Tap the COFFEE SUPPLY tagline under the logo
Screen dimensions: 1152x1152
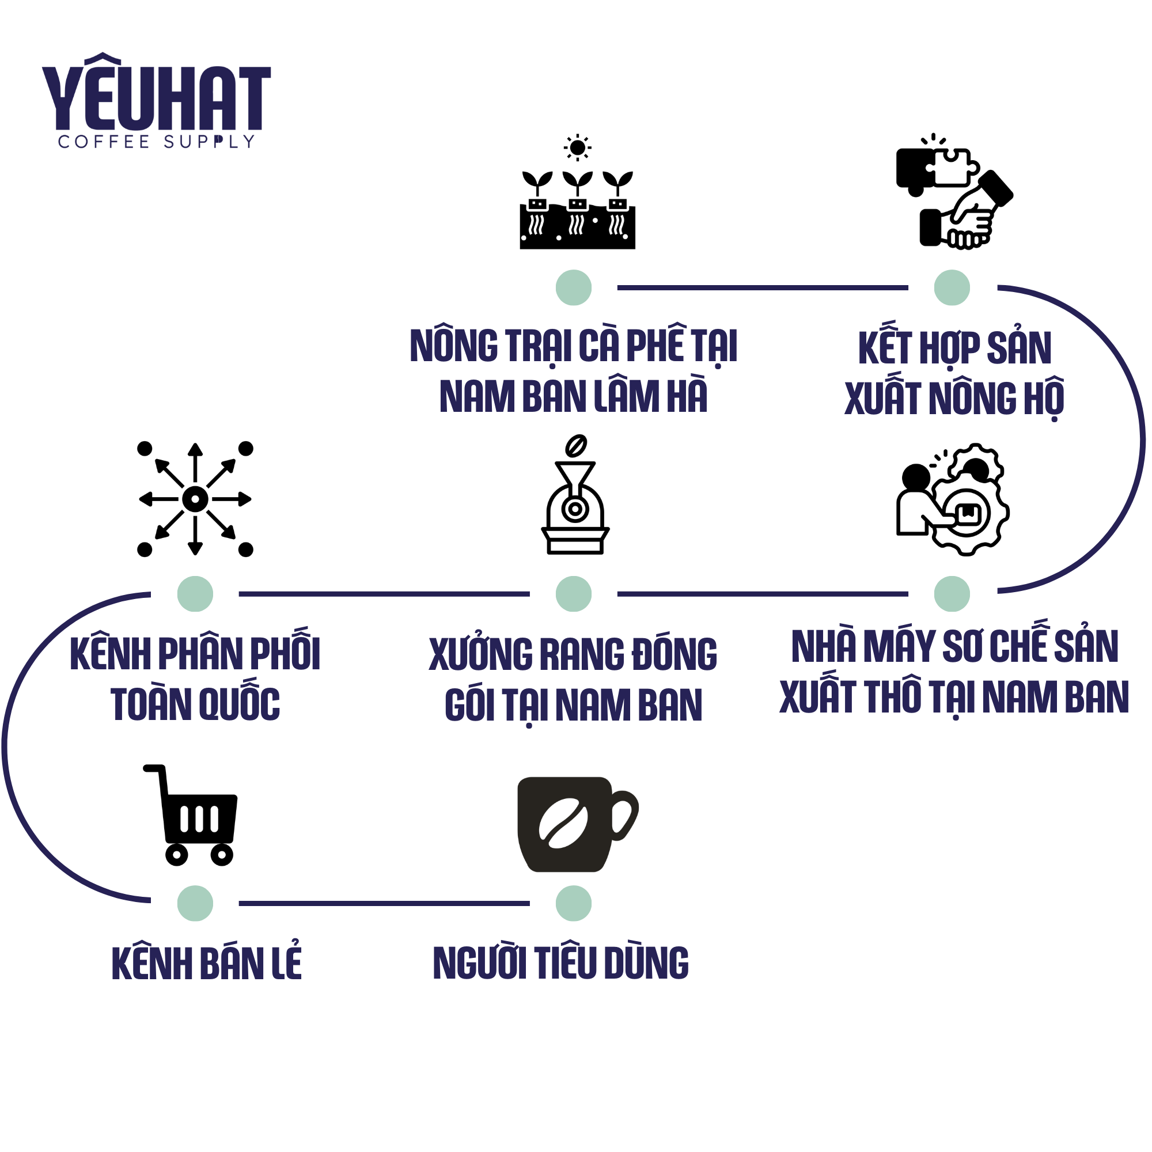pyautogui.click(x=156, y=142)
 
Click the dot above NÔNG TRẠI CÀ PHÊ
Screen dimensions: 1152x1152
pyautogui.click(x=573, y=287)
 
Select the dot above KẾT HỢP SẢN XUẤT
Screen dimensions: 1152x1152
pyautogui.click(x=951, y=287)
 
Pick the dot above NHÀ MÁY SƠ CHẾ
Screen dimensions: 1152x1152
pyautogui.click(x=951, y=594)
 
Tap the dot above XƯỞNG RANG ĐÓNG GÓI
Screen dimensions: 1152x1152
pyautogui.click(x=573, y=594)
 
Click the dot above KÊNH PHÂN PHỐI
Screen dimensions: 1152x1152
pyautogui.click(x=195, y=594)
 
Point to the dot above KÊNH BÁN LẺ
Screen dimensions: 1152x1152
pyautogui.click(x=195, y=903)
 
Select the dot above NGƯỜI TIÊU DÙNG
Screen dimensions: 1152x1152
pyautogui.click(x=573, y=903)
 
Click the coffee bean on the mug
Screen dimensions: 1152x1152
pyautogui.click(x=563, y=823)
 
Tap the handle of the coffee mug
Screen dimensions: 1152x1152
pyautogui.click(x=624, y=814)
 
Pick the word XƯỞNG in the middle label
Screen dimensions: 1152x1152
pyautogui.click(x=480, y=654)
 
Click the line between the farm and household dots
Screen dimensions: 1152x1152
pyautogui.click(x=762, y=287)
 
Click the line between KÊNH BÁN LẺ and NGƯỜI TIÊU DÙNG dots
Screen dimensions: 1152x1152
pyautogui.click(x=384, y=903)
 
